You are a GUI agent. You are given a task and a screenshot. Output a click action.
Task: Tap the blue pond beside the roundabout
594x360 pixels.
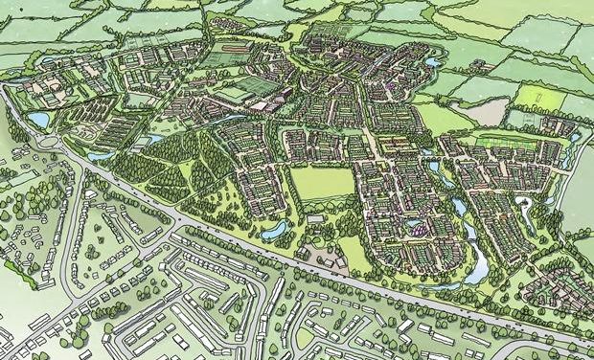[38, 119]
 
